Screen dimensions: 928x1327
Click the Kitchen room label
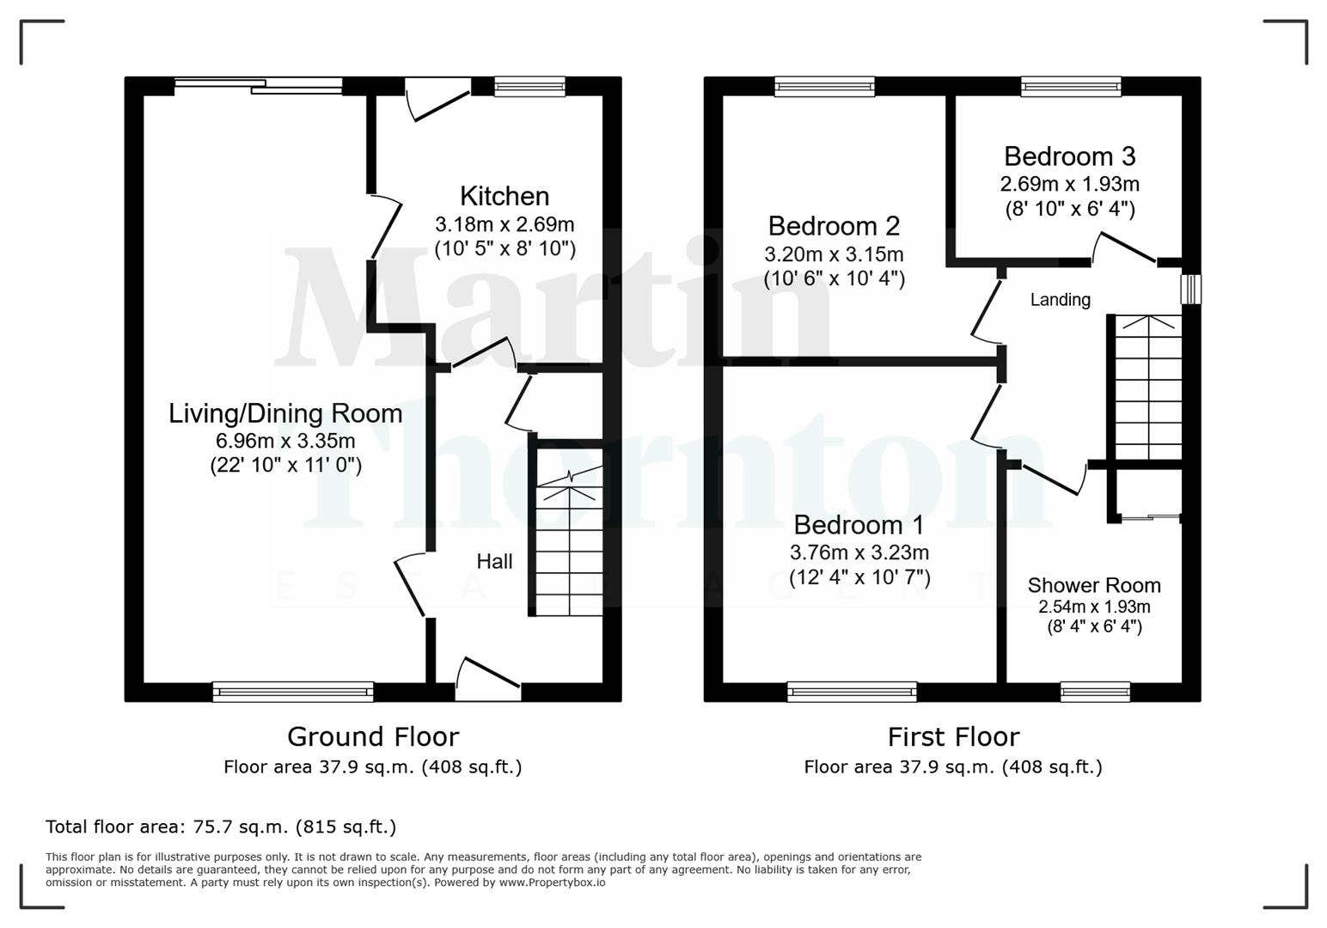click(x=505, y=197)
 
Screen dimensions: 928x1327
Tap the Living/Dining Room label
click(x=285, y=413)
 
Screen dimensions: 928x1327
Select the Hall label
click(x=494, y=562)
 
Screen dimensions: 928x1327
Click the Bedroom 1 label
click(x=859, y=525)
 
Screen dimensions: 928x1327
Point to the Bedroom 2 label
click(x=834, y=226)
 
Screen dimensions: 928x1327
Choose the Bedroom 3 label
click(x=1069, y=156)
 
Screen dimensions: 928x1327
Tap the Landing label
click(x=1061, y=300)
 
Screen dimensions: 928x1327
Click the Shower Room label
click(x=1094, y=586)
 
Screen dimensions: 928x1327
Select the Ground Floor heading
click(x=373, y=737)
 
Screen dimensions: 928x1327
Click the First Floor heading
click(x=953, y=737)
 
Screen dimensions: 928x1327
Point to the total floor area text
click(x=221, y=827)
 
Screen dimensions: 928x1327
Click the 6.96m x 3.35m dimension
click(x=285, y=442)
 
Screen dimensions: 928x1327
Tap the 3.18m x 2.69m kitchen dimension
click(x=505, y=225)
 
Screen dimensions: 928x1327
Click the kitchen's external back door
click(x=438, y=99)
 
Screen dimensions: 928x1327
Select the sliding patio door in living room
click(x=259, y=85)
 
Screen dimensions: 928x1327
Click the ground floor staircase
click(x=569, y=550)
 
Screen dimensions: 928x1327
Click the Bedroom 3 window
click(x=1071, y=86)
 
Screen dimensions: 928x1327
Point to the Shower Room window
click(x=1095, y=692)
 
